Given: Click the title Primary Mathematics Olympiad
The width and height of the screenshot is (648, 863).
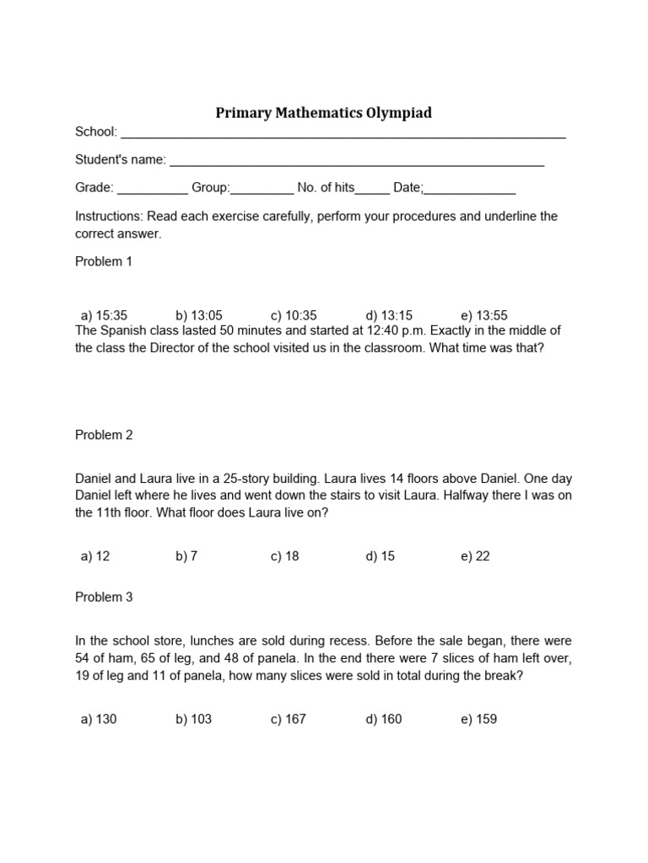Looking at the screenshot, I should (x=324, y=113).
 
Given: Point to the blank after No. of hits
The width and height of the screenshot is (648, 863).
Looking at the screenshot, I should (x=373, y=190).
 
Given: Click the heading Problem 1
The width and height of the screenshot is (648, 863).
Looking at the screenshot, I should (x=104, y=261).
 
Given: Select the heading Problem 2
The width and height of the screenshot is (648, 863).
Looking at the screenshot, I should (x=104, y=435).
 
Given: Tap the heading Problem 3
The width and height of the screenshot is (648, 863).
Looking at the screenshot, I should (x=104, y=598).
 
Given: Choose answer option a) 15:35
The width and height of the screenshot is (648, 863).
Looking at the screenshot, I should (x=104, y=315).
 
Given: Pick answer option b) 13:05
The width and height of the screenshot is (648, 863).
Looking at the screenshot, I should (x=199, y=315).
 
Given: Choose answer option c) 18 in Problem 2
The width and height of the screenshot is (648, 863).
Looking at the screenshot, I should (x=285, y=556).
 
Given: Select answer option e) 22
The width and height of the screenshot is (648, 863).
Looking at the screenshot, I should (x=475, y=556).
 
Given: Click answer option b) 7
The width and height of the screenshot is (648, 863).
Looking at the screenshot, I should (x=186, y=556).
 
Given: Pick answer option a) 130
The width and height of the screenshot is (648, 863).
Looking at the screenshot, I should (x=99, y=719).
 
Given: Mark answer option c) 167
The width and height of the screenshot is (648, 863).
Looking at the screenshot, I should (x=289, y=719).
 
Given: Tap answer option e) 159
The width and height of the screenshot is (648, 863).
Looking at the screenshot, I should (x=478, y=719).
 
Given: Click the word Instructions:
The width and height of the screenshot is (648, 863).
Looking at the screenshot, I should (x=109, y=217).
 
